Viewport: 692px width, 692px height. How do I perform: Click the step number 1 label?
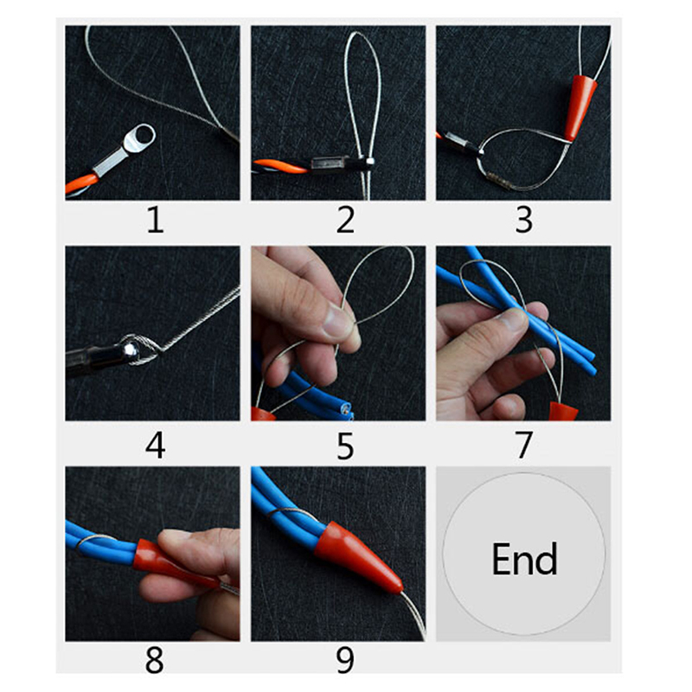coord(156,220)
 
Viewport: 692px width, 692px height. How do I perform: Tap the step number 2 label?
coord(345,220)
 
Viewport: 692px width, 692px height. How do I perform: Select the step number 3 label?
coord(524,220)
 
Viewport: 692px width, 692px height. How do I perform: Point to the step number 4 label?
coord(156,445)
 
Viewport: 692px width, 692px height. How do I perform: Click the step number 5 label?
coord(345,445)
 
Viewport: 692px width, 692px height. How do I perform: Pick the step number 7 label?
coord(524,445)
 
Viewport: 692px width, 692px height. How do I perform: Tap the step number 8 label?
coord(155,660)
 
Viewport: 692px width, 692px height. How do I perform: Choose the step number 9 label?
coord(345,660)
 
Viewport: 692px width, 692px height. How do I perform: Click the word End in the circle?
coord(524,559)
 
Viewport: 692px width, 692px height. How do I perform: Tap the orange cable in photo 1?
coord(81,183)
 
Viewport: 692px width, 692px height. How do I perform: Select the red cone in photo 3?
coord(579,108)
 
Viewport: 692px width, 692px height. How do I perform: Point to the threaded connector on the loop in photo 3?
coord(498,181)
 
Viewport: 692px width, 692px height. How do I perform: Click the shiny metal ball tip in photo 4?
coord(129,349)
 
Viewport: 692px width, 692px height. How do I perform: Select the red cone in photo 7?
coord(564,412)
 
